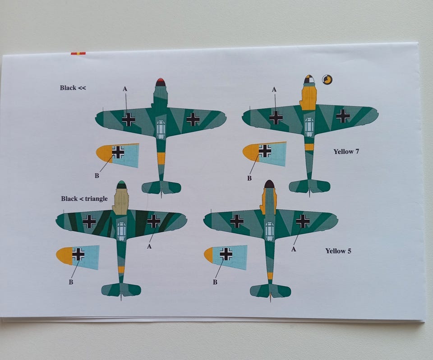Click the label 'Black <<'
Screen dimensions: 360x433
(x=73, y=88)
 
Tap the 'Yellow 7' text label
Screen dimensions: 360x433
(x=346, y=152)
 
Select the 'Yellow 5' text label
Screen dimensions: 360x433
(x=338, y=251)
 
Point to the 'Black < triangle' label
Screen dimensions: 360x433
(x=84, y=198)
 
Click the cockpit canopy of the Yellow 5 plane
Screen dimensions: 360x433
(x=269, y=231)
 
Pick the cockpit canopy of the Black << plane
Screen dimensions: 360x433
(x=161, y=129)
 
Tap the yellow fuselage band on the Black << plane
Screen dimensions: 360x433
(x=161, y=158)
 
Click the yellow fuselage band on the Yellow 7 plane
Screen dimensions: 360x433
(x=309, y=147)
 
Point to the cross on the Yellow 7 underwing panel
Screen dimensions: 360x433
(x=265, y=151)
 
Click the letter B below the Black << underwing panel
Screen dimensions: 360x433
(x=97, y=175)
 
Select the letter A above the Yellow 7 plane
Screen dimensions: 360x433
(x=274, y=89)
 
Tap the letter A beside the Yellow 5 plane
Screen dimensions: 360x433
(x=294, y=249)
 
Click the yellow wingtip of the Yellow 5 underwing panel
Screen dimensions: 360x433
(x=209, y=255)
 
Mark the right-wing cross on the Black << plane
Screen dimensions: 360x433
(x=193, y=119)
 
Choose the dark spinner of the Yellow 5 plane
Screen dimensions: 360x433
(x=269, y=184)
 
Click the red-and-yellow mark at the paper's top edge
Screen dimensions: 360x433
(x=78, y=53)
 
